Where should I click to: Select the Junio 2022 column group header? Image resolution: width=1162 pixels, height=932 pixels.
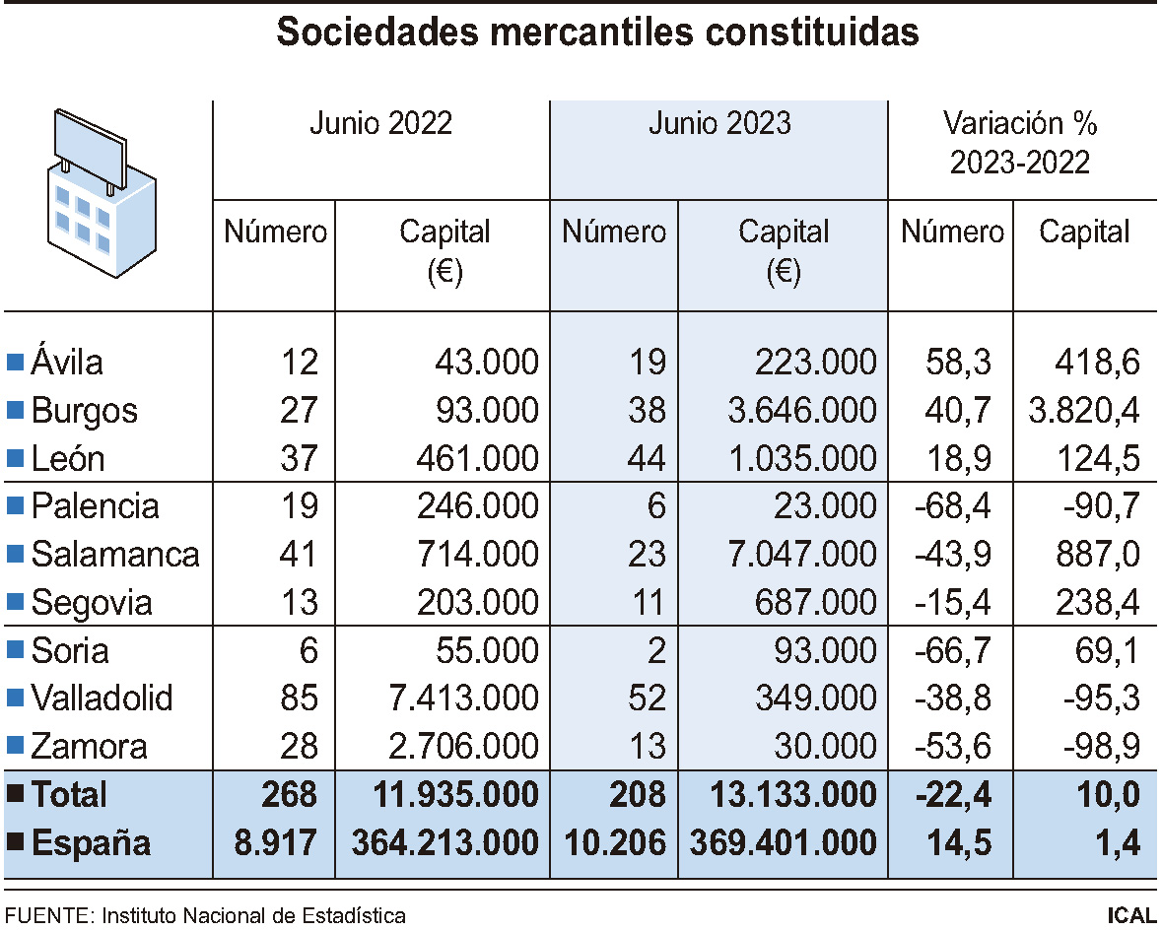click(x=381, y=123)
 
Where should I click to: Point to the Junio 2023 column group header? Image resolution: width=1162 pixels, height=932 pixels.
click(x=719, y=123)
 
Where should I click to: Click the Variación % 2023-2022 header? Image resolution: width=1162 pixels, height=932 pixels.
click(x=1020, y=143)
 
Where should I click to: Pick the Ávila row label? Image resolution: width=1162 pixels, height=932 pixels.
click(x=67, y=363)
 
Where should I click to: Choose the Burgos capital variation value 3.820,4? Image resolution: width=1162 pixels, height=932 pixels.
click(x=1082, y=410)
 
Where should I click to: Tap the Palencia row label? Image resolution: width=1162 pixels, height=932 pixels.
click(x=95, y=506)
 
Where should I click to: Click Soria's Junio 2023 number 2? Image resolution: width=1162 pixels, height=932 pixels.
click(x=656, y=650)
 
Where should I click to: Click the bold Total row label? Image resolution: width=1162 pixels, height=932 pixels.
click(x=69, y=794)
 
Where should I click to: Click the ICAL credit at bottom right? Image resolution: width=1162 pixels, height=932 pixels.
click(x=1131, y=915)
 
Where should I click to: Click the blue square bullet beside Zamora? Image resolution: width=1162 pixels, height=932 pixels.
click(x=14, y=747)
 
